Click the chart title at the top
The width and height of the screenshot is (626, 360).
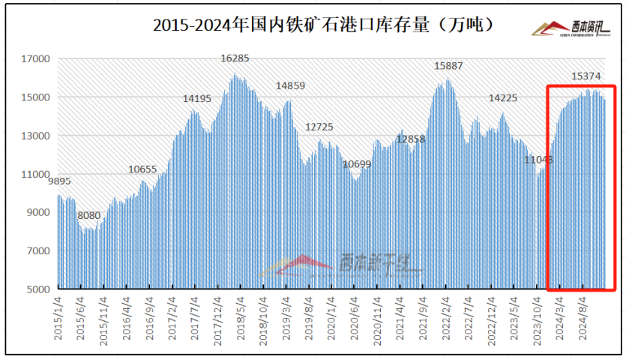[323, 25]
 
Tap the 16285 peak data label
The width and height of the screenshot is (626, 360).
[235, 58]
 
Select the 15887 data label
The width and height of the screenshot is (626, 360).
[448, 66]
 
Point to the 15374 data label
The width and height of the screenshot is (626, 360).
[586, 76]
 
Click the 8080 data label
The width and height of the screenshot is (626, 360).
[88, 215]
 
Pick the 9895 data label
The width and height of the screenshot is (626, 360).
[59, 181]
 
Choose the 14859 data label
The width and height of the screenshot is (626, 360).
[290, 85]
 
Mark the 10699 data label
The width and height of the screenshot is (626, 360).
[356, 163]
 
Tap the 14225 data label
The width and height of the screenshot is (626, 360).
[502, 98]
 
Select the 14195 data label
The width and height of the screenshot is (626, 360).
[197, 98]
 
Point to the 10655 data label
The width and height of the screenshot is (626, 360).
[142, 169]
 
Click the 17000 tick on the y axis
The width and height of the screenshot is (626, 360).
[36, 59]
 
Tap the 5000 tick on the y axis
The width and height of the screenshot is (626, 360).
[39, 289]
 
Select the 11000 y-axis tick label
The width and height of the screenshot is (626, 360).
[36, 174]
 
